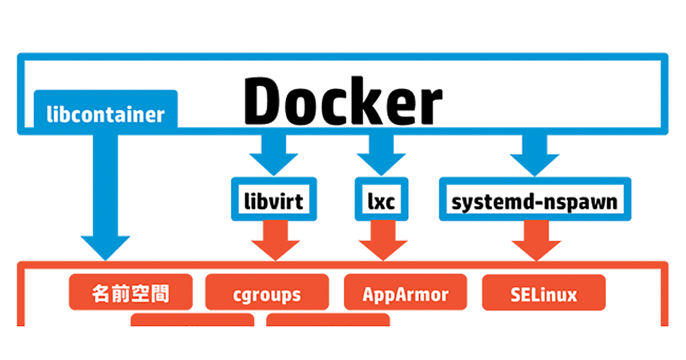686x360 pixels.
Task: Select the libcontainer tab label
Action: (x=105, y=115)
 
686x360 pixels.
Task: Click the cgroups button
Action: (x=267, y=294)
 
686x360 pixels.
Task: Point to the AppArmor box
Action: (x=405, y=294)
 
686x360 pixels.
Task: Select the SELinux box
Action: (x=544, y=294)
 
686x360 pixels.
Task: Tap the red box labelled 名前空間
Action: (x=130, y=294)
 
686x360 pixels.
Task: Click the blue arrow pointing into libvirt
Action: (x=274, y=155)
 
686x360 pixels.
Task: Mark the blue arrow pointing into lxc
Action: (x=382, y=155)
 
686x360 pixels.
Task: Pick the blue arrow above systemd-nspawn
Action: (x=535, y=155)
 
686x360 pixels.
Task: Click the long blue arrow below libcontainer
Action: (x=105, y=194)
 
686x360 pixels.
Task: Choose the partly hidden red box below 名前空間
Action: (x=193, y=320)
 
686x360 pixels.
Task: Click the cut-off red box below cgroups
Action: (x=328, y=320)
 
